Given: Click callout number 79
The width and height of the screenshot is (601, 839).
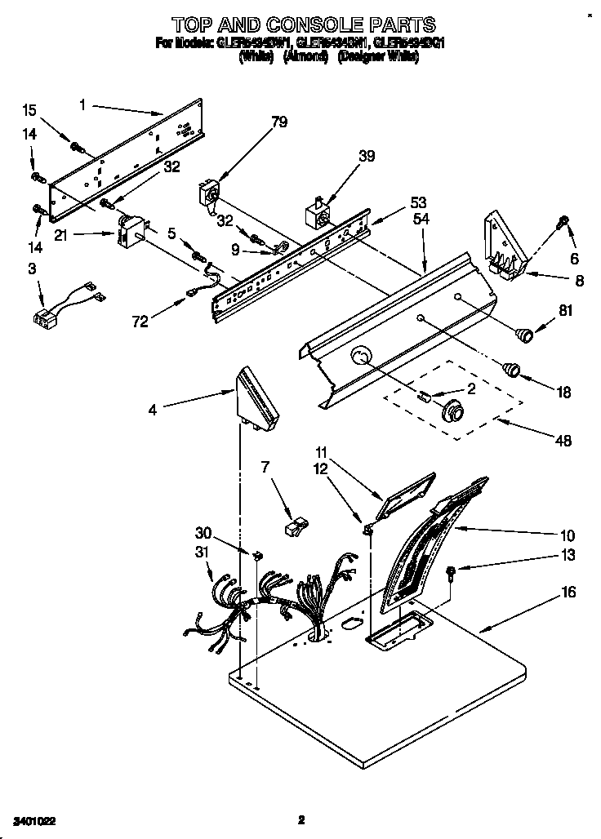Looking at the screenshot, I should point(279,123).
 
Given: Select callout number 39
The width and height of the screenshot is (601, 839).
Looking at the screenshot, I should point(367,157).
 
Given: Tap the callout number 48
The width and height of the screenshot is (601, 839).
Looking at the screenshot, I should point(563,441).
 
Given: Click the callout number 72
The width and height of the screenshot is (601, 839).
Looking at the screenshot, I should point(140,323).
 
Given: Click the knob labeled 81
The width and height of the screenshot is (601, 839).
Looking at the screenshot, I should point(523,331).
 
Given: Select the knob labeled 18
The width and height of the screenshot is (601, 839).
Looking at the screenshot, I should point(512,368).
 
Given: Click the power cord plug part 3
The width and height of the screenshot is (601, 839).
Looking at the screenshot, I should point(44,316).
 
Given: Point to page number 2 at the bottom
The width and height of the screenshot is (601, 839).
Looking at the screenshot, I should point(300,819).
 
